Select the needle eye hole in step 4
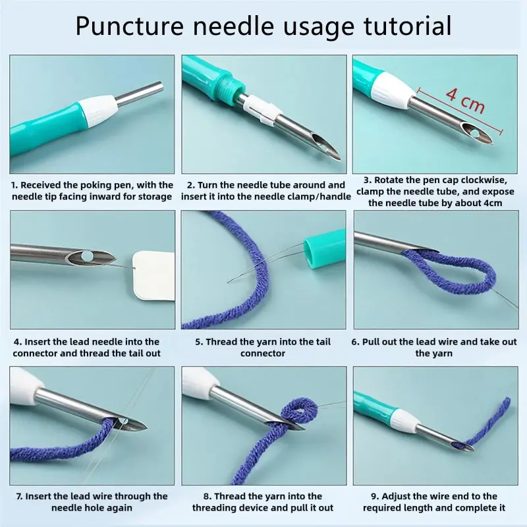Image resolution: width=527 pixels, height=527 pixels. pyautogui.click(x=86, y=254)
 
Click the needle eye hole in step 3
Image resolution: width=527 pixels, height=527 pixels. pyautogui.click(x=475, y=134)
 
